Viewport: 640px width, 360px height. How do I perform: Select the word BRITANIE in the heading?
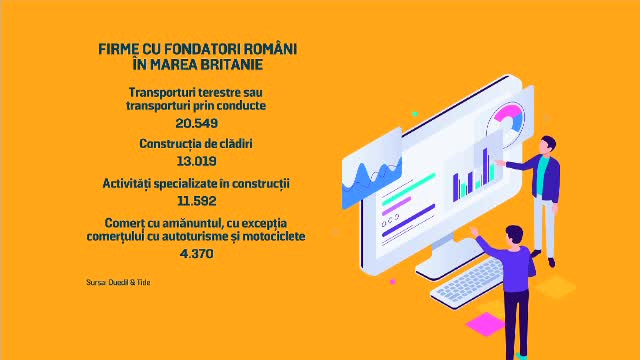pos(228,65)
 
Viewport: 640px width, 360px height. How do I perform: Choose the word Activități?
pos(132,183)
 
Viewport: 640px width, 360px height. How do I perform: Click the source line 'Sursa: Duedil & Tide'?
pos(118,282)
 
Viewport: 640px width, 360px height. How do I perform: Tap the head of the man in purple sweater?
pos(513,236)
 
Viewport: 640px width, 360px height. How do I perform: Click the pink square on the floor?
pos(485,323)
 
